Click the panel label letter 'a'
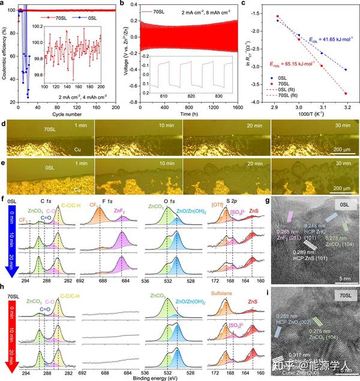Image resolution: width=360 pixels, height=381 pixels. tap(5, 4)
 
